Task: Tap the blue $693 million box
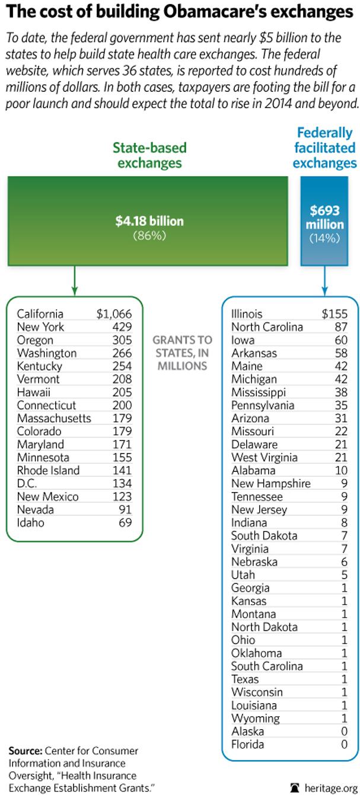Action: pos(324,220)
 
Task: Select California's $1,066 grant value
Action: pos(114,314)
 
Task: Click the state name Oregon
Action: pos(35,340)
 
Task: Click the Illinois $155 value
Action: pos(334,314)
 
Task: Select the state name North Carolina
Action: pos(267,327)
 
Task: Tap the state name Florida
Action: pos(247,745)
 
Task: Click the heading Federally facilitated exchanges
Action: pos(324,148)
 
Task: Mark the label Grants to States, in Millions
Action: pos(182,353)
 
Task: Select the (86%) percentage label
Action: pos(149,235)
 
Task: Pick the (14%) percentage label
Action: pos(324,238)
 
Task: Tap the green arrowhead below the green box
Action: pos(74,291)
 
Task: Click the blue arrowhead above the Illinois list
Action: pos(324,291)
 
